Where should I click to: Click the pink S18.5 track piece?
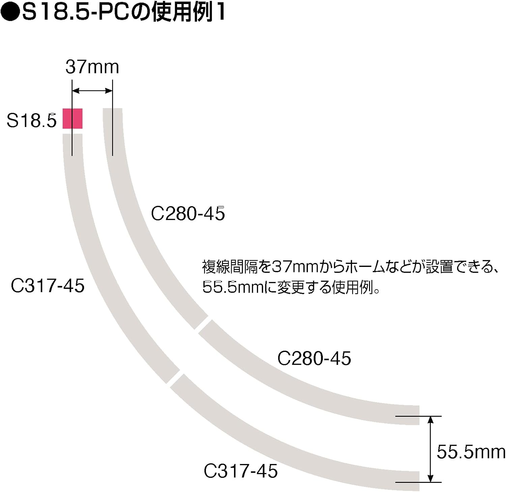[x=73, y=118]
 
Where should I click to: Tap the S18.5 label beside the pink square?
[x=32, y=120]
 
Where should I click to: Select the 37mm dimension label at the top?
[x=92, y=67]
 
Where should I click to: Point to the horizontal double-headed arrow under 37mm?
[x=92, y=90]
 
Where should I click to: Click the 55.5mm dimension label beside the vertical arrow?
[x=471, y=452]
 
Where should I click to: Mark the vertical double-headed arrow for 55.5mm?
[x=430, y=449]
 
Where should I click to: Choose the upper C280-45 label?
[x=188, y=214]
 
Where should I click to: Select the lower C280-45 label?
[x=314, y=358]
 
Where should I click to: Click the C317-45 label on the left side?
[x=48, y=286]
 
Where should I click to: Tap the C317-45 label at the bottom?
[x=241, y=471]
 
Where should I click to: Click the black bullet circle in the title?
[x=10, y=13]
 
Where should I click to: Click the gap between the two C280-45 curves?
[x=202, y=324]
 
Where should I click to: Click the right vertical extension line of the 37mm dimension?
[x=112, y=118]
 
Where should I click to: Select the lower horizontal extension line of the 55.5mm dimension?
[x=418, y=482]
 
